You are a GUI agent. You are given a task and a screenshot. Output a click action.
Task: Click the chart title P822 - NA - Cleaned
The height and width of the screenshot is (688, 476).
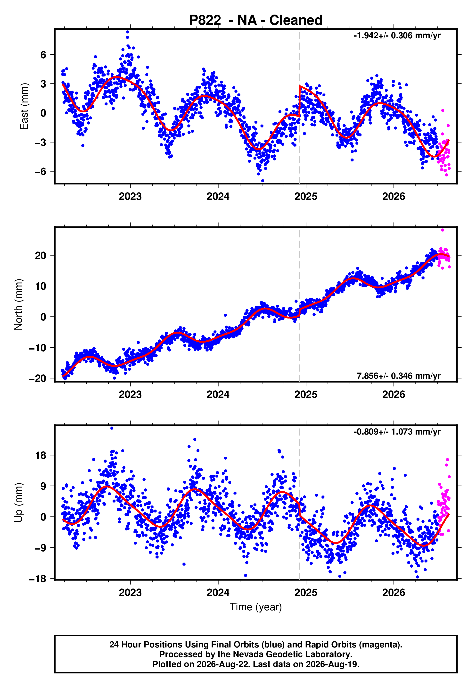coord(256,20)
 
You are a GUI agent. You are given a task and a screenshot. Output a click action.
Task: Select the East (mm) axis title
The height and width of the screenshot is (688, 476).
coord(24,106)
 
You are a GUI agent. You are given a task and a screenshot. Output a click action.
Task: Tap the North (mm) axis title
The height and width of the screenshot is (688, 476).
coord(18,304)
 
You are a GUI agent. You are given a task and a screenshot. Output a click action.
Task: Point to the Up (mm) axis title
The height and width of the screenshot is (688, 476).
coord(18,503)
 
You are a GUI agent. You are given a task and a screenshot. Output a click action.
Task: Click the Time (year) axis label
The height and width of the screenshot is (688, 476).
coord(256,607)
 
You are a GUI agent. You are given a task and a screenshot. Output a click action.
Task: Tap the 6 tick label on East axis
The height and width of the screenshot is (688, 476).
coord(43,55)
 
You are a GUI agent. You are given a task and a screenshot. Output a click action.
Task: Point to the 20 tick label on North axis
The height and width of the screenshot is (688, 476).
coord(41,255)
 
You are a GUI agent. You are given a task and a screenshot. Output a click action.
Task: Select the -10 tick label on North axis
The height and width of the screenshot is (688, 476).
coord(38,348)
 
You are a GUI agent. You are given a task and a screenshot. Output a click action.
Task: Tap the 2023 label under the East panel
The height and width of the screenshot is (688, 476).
coord(130,196)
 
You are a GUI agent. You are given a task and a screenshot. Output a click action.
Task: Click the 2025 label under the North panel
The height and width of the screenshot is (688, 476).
coord(306,394)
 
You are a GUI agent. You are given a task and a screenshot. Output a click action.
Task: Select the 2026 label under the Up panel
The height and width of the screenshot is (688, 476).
coord(394,593)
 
